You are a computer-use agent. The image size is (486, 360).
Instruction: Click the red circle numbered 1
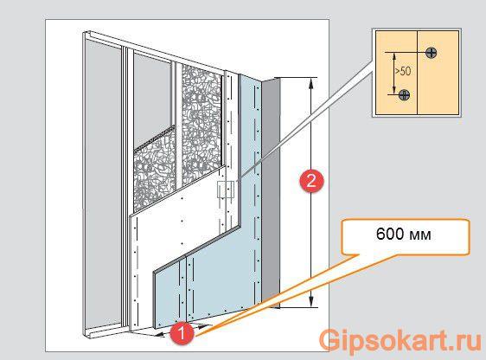(x=182, y=333)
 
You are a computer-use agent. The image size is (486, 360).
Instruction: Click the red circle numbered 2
(x=310, y=181)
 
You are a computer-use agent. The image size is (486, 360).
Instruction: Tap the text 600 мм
(x=404, y=235)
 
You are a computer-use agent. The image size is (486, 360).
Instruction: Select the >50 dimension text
(x=403, y=71)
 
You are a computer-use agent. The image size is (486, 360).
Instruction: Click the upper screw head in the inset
(x=432, y=53)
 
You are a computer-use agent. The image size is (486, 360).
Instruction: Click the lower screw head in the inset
(x=404, y=94)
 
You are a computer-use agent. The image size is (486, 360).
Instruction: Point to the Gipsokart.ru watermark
(x=400, y=340)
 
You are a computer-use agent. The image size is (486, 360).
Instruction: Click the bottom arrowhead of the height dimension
(x=310, y=302)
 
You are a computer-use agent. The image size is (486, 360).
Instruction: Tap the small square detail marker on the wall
(x=226, y=190)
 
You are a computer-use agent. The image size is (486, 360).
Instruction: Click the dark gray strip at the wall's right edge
(x=271, y=192)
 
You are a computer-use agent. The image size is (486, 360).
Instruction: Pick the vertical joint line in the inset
(x=417, y=73)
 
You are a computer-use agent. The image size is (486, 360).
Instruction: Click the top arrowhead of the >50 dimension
(x=394, y=56)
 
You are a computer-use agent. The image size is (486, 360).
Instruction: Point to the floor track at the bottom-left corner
(x=102, y=331)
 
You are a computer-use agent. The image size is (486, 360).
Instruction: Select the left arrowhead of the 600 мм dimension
(x=160, y=335)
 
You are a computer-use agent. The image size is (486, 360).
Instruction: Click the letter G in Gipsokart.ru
(x=330, y=340)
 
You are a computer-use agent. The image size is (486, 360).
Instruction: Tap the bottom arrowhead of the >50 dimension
(x=394, y=91)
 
